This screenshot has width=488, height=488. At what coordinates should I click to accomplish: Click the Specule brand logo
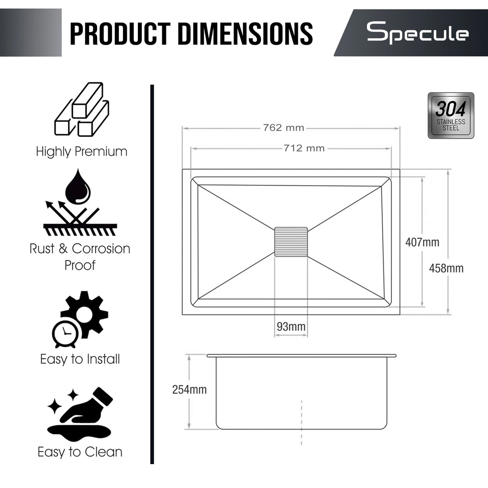coord(418,33)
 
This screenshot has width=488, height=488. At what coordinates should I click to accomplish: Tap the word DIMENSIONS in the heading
coord(245,33)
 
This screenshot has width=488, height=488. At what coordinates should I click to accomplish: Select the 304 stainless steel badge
coord(450,116)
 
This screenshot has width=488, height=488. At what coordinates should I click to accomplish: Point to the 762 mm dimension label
coord(283,127)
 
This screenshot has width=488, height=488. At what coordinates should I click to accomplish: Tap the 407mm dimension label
coord(422,242)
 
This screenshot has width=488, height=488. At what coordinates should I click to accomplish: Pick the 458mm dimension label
coord(446,268)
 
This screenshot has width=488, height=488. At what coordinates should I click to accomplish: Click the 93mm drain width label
coord(291,327)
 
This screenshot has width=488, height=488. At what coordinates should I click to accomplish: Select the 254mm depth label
coord(189,389)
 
